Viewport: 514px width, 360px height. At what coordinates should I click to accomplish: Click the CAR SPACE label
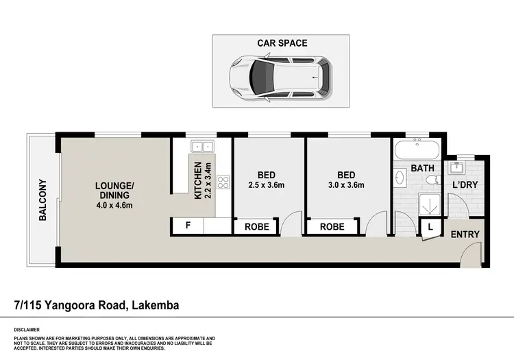tap(282, 43)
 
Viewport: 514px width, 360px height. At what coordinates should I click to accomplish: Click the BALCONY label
tap(42, 200)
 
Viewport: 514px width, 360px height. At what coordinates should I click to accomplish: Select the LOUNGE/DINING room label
tap(114, 189)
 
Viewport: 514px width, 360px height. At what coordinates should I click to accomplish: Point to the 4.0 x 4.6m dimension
tap(114, 204)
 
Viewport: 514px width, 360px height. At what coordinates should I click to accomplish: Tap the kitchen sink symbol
tap(202, 146)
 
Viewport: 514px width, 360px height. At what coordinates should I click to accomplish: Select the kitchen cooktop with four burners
tap(223, 182)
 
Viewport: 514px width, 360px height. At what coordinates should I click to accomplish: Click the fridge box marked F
tap(188, 226)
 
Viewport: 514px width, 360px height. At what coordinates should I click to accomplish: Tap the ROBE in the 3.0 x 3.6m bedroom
tap(332, 226)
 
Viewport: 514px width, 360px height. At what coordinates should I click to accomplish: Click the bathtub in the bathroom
tap(418, 149)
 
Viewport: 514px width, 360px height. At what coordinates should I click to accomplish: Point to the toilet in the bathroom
tap(432, 180)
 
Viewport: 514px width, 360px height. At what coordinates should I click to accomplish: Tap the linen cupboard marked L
tap(430, 227)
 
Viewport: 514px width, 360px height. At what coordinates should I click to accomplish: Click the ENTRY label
tap(465, 235)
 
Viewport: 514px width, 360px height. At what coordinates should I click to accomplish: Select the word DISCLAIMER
tap(27, 329)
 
